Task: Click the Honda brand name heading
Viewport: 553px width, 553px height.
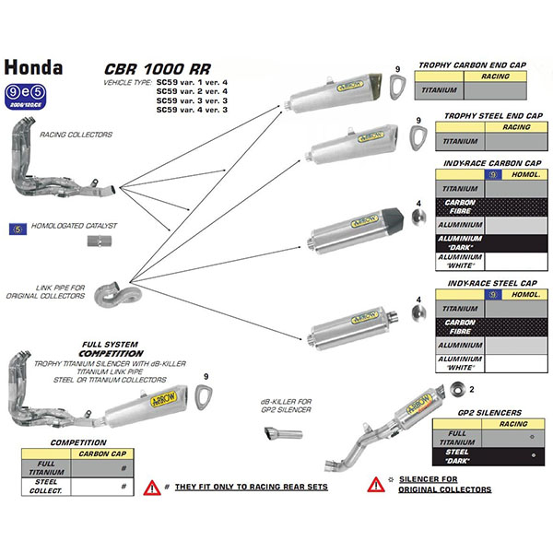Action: coord(33,68)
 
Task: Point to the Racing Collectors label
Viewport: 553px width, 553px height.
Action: coord(76,135)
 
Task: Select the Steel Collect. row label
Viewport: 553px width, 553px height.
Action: coord(46,486)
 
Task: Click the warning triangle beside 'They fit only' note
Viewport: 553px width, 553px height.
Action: coord(151,485)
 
